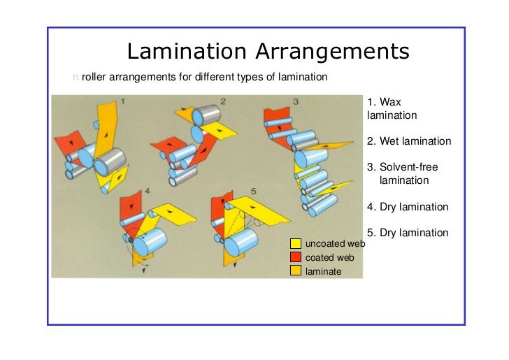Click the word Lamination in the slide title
[187, 51]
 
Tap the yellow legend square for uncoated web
[295, 243]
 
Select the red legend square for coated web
[295, 257]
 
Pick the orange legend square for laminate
[295, 271]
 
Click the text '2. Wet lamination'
[408, 141]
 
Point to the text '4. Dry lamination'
[407, 207]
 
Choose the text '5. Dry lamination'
[407, 233]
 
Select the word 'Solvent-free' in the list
[409, 168]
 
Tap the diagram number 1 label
[124, 101]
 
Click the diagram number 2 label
[223, 101]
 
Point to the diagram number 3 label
[296, 101]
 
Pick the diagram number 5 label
[254, 190]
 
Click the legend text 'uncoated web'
[336, 244]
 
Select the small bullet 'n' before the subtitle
[76, 75]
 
